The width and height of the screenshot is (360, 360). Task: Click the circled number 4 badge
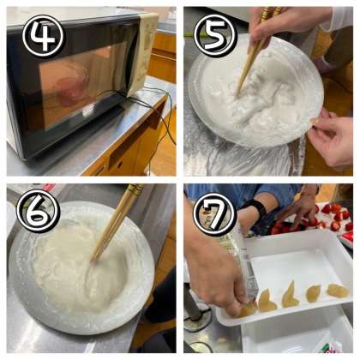pos(45,36)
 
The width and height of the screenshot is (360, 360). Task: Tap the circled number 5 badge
pos(215,35)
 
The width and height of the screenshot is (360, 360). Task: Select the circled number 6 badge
pos(39,211)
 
